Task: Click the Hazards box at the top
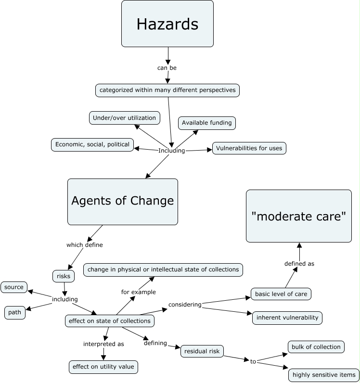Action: click(167, 24)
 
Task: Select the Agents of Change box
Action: click(123, 201)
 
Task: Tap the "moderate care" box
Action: click(298, 216)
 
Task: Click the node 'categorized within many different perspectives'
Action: click(167, 90)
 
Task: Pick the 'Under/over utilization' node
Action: click(124, 118)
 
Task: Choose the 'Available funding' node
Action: click(207, 123)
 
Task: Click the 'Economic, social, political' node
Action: click(92, 144)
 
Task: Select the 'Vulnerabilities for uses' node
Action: click(249, 148)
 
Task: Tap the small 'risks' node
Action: click(64, 276)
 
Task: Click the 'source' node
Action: click(14, 287)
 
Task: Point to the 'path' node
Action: click(14, 312)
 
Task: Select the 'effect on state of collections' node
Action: click(110, 321)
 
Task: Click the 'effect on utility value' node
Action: click(103, 367)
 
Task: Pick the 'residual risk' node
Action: click(202, 352)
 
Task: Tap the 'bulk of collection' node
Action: click(316, 346)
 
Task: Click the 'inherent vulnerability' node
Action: click(287, 318)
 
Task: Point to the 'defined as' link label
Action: click(299, 264)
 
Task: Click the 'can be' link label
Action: click(167, 68)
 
